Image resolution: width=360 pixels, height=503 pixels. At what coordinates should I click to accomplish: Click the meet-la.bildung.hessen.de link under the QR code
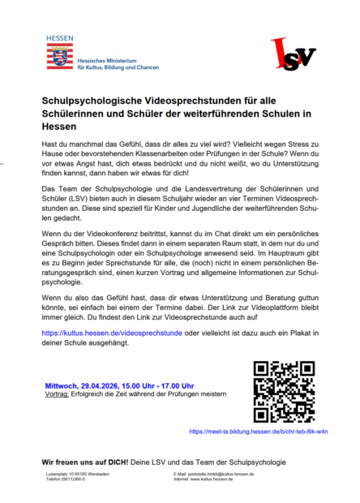click(258, 432)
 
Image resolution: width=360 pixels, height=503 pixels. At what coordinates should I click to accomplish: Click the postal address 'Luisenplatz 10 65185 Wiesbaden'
click(84, 474)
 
